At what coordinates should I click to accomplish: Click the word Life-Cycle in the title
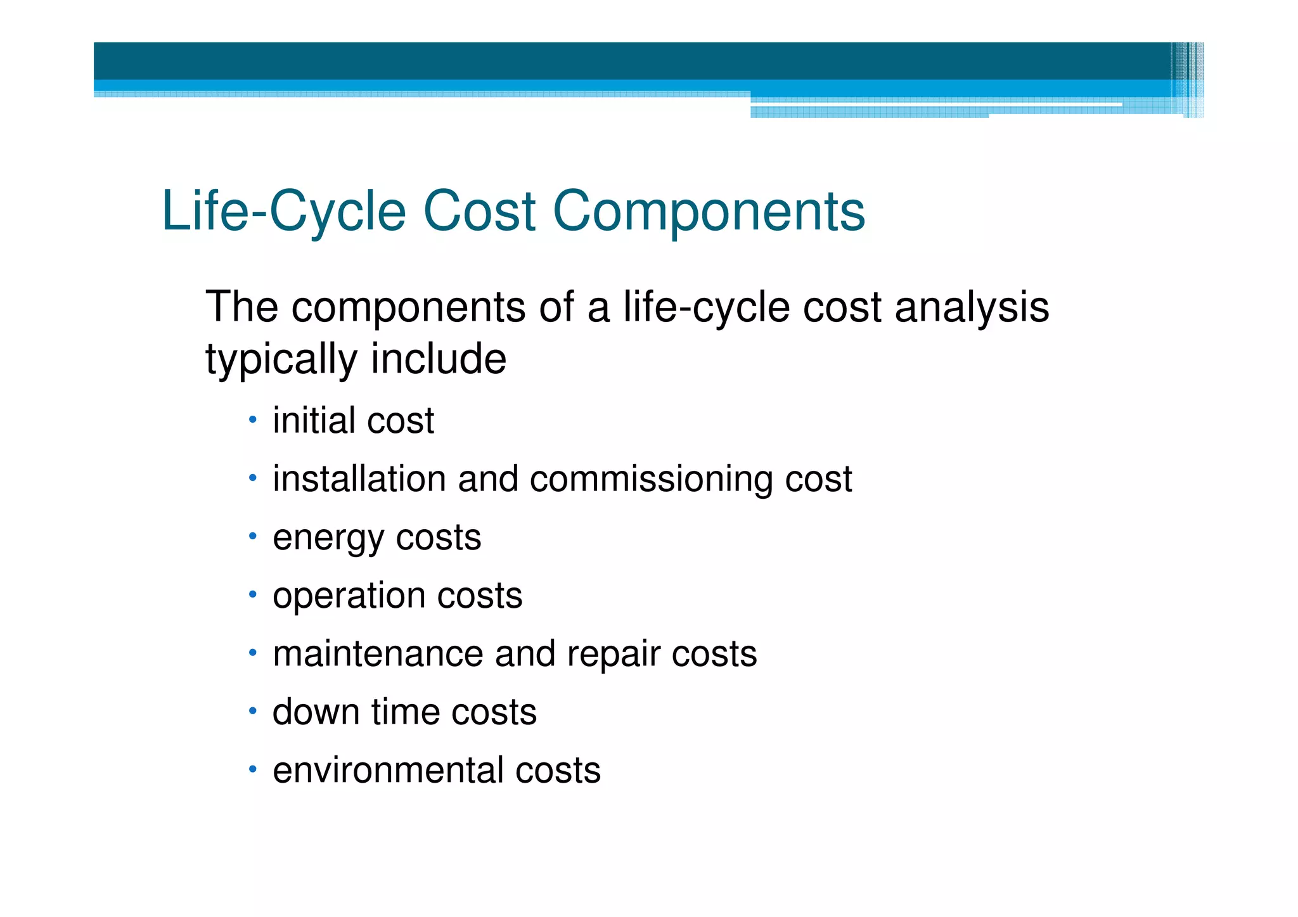pos(283,212)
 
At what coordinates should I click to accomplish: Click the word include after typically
pos(439,359)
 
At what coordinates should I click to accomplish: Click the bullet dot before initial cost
pos(252,420)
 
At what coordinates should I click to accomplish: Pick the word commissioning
pos(651,480)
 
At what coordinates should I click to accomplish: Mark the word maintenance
pos(378,654)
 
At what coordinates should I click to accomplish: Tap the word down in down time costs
pos(316,712)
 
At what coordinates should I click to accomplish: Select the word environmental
pos(388,771)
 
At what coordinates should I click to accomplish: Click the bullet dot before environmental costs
pos(252,769)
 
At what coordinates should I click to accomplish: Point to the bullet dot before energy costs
pos(252,537)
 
